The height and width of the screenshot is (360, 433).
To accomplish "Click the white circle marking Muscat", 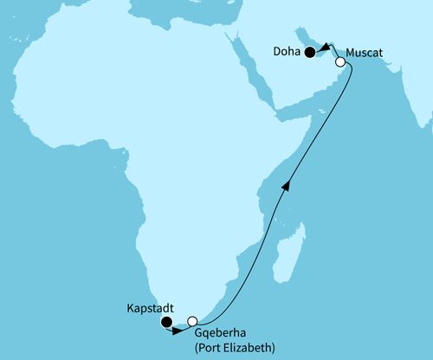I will [x=340, y=62].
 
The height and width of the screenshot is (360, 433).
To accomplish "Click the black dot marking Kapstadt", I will [x=166, y=323].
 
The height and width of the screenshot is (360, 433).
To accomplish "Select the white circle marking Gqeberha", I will [x=192, y=320].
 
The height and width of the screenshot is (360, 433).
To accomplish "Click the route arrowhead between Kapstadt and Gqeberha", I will [x=178, y=329].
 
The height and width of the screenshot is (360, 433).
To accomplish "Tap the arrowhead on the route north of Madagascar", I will [x=286, y=183].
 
